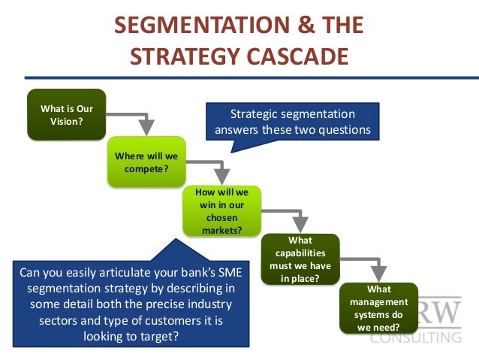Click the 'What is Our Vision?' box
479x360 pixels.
point(65,114)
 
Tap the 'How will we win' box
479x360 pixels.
point(221,211)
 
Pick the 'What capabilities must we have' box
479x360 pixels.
point(300,259)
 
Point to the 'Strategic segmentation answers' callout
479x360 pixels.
point(292,122)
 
